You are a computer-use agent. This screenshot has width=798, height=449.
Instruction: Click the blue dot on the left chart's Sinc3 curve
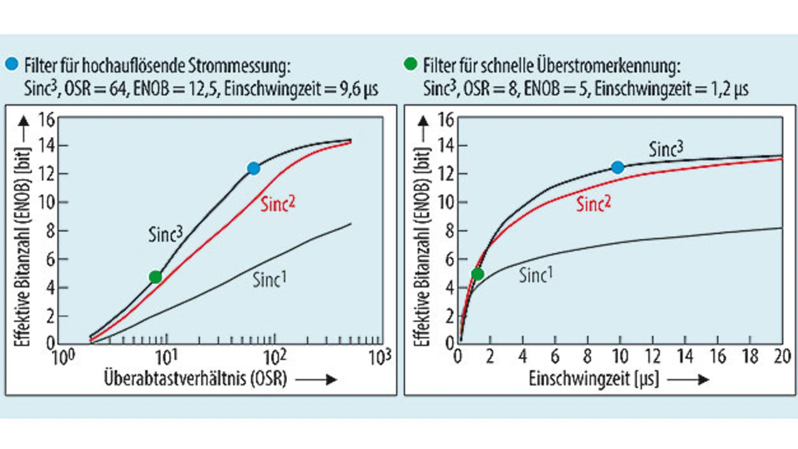pyautogui.click(x=253, y=168)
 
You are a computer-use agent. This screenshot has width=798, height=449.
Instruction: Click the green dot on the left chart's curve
pyautogui.click(x=155, y=277)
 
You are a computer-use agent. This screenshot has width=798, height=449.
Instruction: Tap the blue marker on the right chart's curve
pyautogui.click(x=617, y=167)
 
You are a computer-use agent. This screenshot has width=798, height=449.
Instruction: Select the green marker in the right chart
pyautogui.click(x=478, y=273)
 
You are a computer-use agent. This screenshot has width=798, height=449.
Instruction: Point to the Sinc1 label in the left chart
pyautogui.click(x=269, y=278)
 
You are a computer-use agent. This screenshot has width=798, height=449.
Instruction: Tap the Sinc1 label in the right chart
pyautogui.click(x=536, y=275)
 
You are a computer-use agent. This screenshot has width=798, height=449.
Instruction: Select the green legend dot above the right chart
pyautogui.click(x=410, y=64)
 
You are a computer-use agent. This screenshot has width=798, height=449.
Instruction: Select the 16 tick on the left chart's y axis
pyautogui.click(x=47, y=118)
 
